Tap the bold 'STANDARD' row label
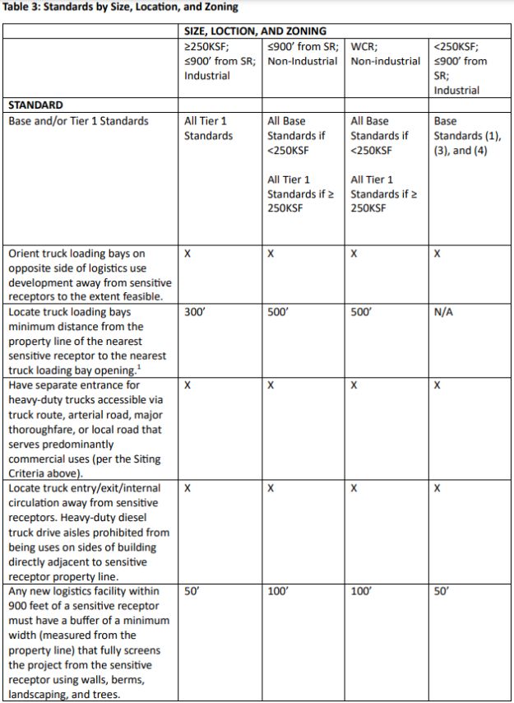pos(35,105)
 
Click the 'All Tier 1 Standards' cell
pos(208,128)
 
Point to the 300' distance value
pos(195,313)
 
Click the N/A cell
pos(443,313)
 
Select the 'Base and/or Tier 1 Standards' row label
pos(79,121)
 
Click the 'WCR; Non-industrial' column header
pos(385,54)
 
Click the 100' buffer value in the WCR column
pos(362,591)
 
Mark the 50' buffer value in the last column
pos(442,591)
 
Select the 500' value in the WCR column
pos(362,313)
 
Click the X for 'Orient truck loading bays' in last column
pos(438,254)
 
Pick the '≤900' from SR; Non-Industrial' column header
pos(303,54)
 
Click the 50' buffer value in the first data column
pos(192,591)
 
